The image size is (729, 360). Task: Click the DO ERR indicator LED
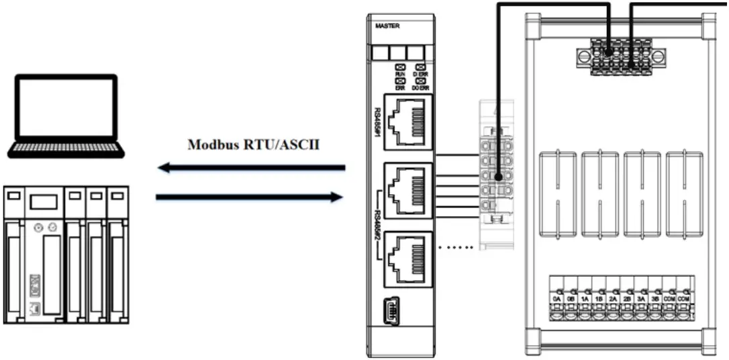pos(419,81)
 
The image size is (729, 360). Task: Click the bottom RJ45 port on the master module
pos(405,259)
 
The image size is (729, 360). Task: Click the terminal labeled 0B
pos(571,298)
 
